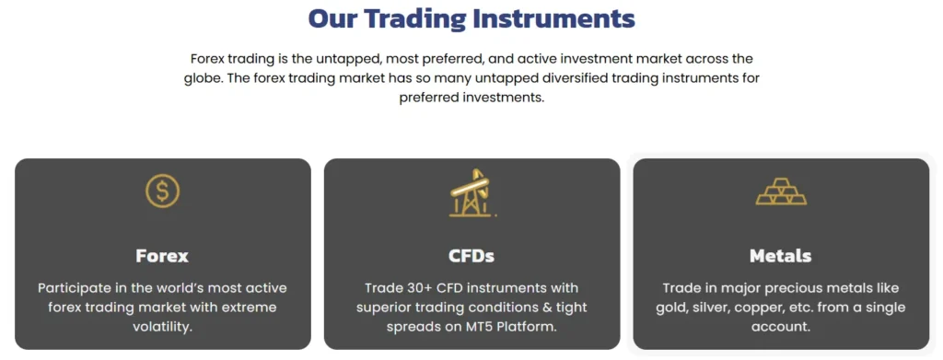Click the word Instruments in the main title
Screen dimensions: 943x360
[553, 18]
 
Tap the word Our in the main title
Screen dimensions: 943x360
[333, 18]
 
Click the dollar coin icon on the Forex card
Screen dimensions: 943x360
[162, 192]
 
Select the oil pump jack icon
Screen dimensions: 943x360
[472, 192]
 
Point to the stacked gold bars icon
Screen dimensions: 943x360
[781, 192]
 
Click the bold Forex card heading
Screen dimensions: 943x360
[162, 256]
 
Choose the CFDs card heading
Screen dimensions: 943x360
[471, 256]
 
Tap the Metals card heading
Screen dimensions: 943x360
[781, 256]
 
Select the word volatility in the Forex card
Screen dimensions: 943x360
[162, 328]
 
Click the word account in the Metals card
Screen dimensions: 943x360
[779, 328]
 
